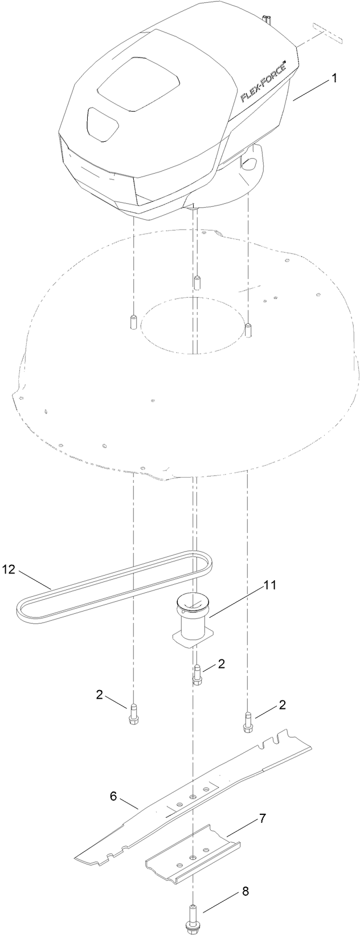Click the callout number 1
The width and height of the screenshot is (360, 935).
tap(334, 78)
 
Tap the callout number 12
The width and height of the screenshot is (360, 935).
tap(9, 569)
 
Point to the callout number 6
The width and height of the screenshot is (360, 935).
tap(113, 796)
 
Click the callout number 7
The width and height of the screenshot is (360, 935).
tap(261, 819)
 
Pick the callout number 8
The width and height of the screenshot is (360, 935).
tap(246, 891)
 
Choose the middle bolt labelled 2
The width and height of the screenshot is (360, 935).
tap(198, 675)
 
